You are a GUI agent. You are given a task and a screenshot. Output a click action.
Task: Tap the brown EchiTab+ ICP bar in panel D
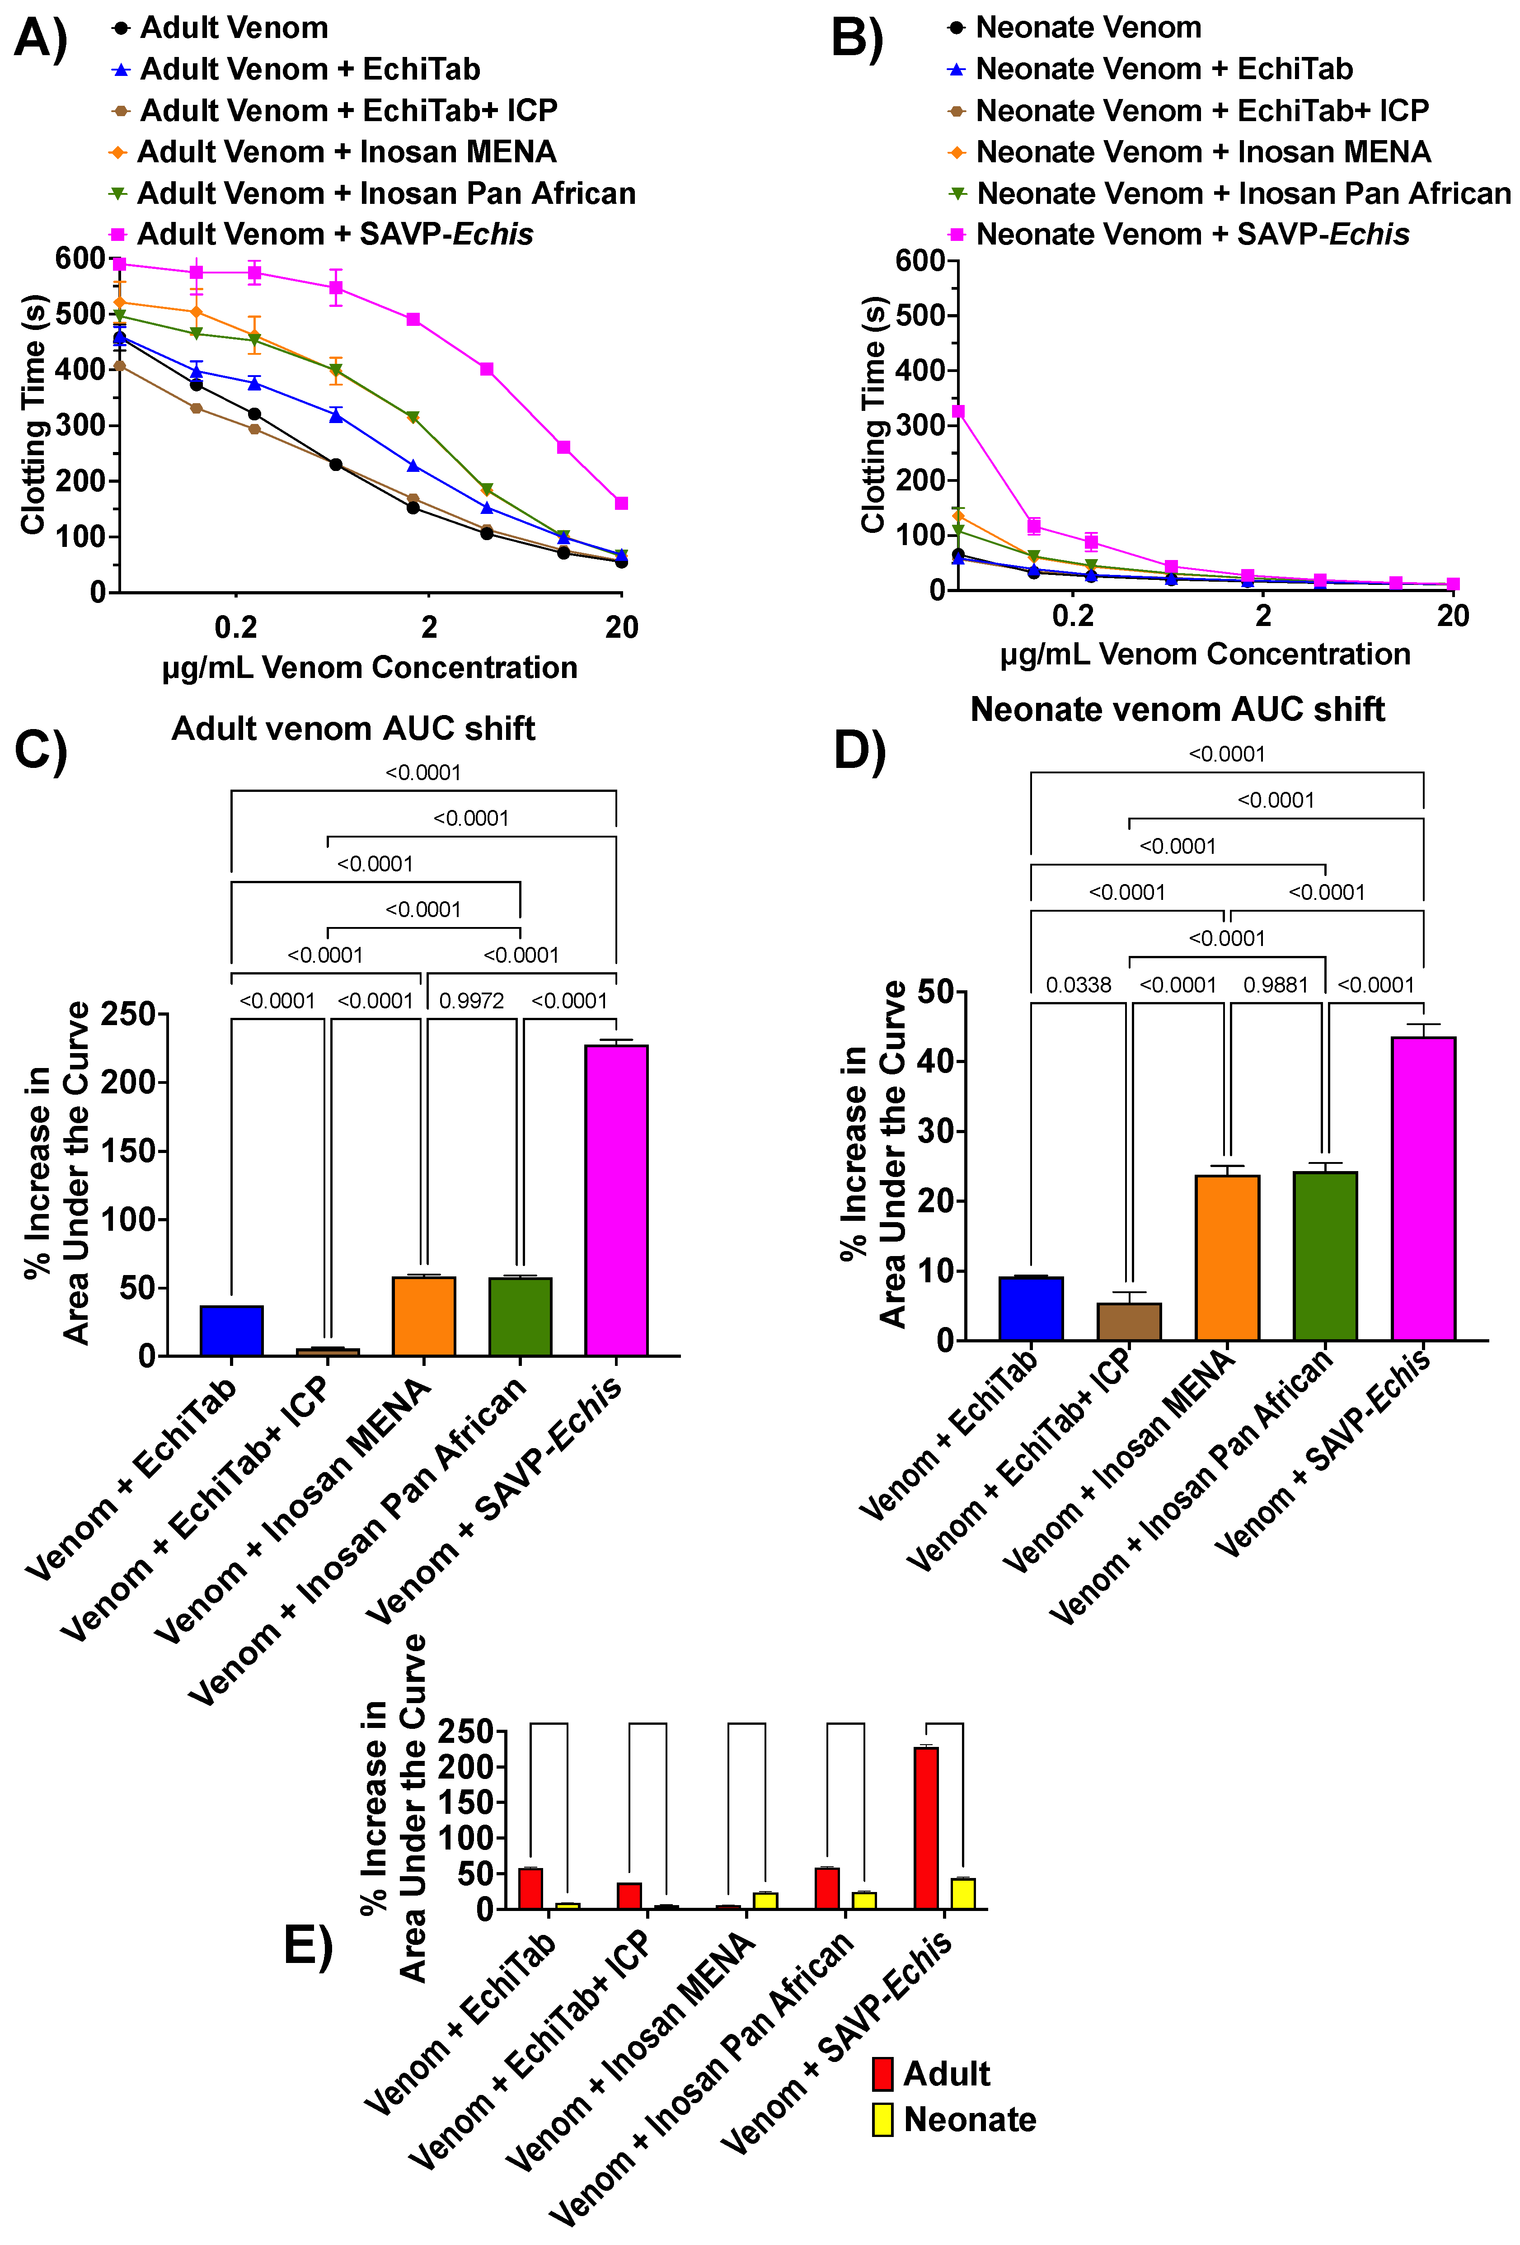click(x=1129, y=1322)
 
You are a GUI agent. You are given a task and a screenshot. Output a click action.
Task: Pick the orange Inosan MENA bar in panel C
click(x=424, y=1316)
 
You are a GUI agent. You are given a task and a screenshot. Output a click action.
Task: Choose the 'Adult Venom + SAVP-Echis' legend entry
click(x=334, y=235)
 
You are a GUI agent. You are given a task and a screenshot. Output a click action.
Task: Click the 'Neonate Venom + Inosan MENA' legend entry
click(x=1202, y=152)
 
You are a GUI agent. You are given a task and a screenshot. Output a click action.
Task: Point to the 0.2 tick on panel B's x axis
click(x=1072, y=615)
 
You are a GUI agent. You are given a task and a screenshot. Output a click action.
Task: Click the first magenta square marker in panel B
click(x=958, y=411)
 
